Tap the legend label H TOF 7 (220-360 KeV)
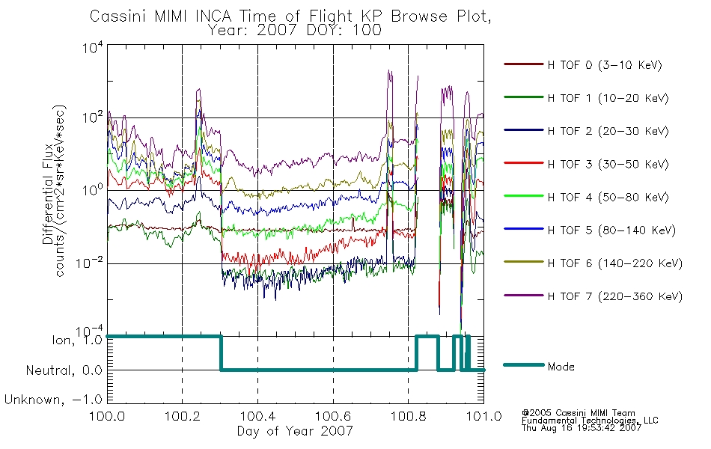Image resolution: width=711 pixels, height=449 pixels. click(x=615, y=296)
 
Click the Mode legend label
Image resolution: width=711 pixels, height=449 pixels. click(x=561, y=367)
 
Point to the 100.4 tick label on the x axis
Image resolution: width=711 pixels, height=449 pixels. click(x=258, y=416)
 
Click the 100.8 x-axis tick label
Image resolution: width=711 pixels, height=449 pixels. click(x=409, y=416)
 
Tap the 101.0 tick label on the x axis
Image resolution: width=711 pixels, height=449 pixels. click(x=483, y=416)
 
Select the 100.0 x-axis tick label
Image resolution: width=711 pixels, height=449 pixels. click(x=107, y=416)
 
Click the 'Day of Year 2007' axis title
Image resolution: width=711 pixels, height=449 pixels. click(x=295, y=430)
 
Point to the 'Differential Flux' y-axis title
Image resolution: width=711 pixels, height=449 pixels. click(x=48, y=194)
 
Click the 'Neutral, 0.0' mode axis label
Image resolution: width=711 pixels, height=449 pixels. click(x=64, y=371)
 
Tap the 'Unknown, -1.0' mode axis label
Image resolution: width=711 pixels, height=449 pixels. click(x=53, y=400)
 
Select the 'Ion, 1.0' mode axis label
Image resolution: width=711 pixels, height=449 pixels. click(x=76, y=340)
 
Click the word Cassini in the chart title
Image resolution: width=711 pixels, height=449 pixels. click(x=120, y=16)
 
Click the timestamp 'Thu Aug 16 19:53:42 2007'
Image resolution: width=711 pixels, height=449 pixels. click(x=582, y=427)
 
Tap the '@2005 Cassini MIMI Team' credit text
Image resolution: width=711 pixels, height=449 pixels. click(x=578, y=413)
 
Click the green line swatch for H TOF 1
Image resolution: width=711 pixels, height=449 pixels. click(x=524, y=97)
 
